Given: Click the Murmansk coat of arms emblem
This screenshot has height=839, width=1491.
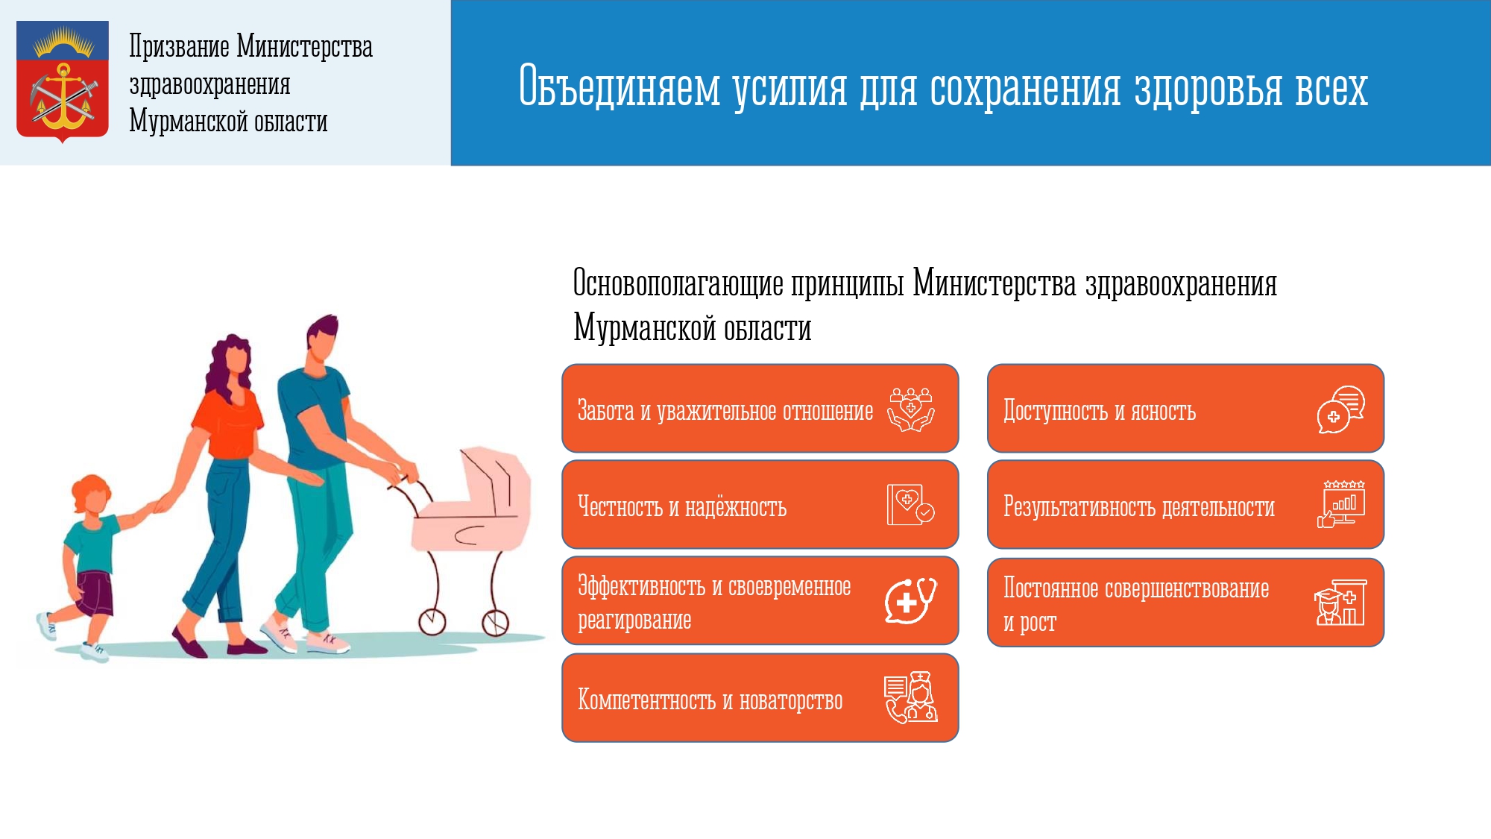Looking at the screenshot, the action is click(63, 81).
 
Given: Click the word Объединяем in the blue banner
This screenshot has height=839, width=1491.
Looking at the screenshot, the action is click(620, 87).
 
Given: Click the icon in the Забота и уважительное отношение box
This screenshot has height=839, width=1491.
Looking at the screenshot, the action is click(910, 409).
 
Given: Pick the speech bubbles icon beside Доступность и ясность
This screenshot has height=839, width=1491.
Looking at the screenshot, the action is click(1340, 409).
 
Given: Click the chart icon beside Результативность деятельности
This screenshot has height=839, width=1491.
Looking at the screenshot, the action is click(1341, 505).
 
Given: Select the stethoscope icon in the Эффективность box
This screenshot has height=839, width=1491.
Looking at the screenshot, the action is click(910, 600).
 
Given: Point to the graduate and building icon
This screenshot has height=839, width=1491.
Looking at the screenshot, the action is click(1340, 602).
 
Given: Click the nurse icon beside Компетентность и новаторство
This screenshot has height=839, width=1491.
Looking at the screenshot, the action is click(910, 698).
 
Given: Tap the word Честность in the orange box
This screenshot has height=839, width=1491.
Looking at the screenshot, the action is click(620, 507).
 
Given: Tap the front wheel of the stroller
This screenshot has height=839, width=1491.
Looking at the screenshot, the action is click(495, 622).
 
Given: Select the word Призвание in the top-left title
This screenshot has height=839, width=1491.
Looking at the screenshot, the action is click(179, 46).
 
